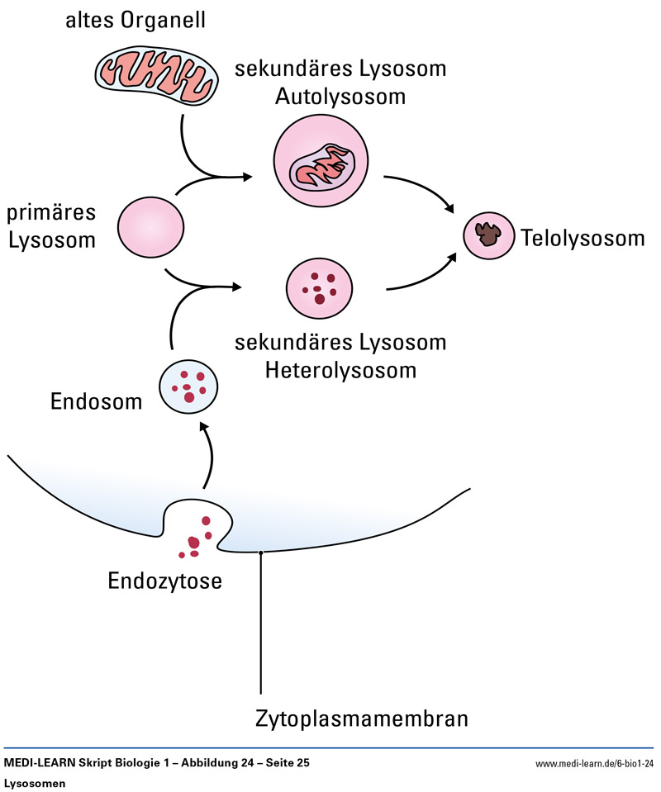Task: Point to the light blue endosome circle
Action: (189, 385)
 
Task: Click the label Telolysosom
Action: (583, 239)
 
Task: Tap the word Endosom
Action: (97, 402)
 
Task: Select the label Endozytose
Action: (165, 581)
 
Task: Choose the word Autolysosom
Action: (340, 97)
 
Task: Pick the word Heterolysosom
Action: (340, 370)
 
